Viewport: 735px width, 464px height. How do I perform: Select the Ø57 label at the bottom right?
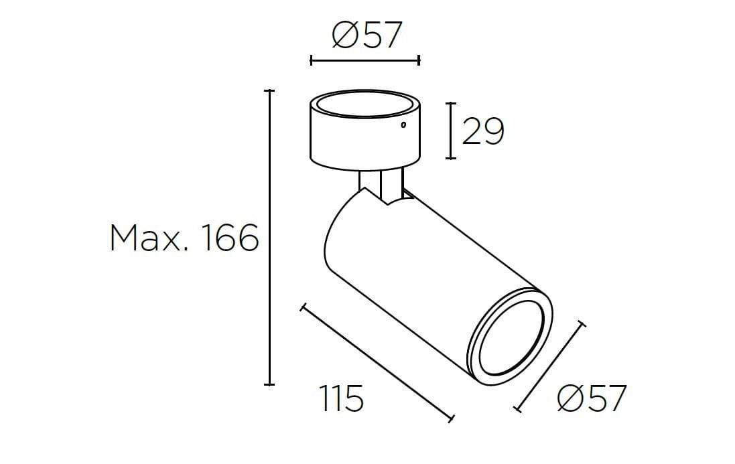[592, 400]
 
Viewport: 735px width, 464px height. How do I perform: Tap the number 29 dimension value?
[482, 132]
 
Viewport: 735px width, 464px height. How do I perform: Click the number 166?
[230, 239]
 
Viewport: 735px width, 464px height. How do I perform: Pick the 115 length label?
[341, 400]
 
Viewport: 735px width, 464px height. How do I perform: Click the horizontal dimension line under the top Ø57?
[365, 60]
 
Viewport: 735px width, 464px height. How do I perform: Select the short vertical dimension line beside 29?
[452, 131]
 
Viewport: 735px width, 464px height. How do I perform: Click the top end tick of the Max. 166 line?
[269, 90]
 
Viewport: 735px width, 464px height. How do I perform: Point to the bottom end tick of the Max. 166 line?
[269, 384]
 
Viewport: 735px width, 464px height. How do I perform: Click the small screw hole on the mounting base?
[403, 125]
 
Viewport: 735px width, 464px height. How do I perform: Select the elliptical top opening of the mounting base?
[365, 106]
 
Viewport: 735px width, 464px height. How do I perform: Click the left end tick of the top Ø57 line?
[312, 60]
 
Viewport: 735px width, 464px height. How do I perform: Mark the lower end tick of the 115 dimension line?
[453, 419]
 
